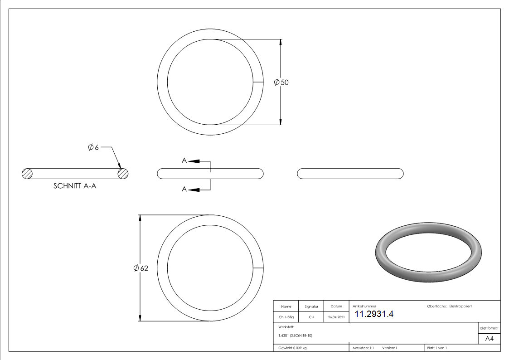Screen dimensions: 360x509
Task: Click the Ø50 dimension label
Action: click(281, 82)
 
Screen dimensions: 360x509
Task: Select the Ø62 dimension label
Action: click(141, 268)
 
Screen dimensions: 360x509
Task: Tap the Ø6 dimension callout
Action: click(93, 147)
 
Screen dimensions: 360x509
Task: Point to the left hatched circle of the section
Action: click(27, 173)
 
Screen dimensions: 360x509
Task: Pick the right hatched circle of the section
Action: click(123, 173)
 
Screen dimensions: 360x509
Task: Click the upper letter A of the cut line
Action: click(184, 161)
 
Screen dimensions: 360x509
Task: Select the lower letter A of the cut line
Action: click(184, 189)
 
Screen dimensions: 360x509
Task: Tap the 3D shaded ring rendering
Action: click(428, 252)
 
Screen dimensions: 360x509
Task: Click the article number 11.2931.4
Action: click(374, 314)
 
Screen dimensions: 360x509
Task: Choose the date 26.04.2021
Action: click(336, 317)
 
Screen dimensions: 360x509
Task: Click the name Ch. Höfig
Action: click(286, 317)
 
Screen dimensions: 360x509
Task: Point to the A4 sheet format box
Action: click(489, 339)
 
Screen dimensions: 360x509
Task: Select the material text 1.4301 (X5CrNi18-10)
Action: click(296, 336)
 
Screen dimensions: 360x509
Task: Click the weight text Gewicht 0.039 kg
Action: click(292, 348)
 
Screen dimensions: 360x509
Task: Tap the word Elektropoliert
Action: click(461, 306)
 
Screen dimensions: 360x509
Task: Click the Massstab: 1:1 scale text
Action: click(363, 348)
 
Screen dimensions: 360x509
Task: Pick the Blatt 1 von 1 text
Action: click(437, 348)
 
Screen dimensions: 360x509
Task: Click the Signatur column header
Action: click(311, 306)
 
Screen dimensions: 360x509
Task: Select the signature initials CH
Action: click(311, 317)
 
